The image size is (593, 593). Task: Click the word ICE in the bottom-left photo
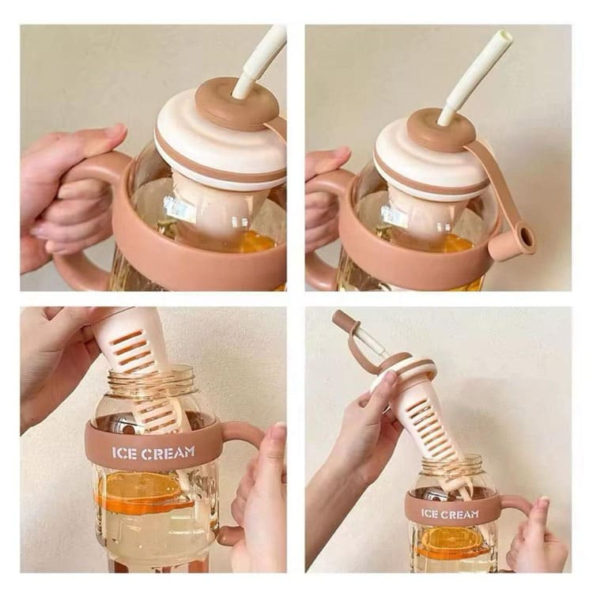(124, 454)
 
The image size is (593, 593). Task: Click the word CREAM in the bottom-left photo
(168, 452)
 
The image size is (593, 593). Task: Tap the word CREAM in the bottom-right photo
(459, 514)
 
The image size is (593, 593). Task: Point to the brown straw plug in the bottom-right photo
(341, 318)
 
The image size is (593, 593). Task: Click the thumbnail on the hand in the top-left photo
(115, 130)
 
